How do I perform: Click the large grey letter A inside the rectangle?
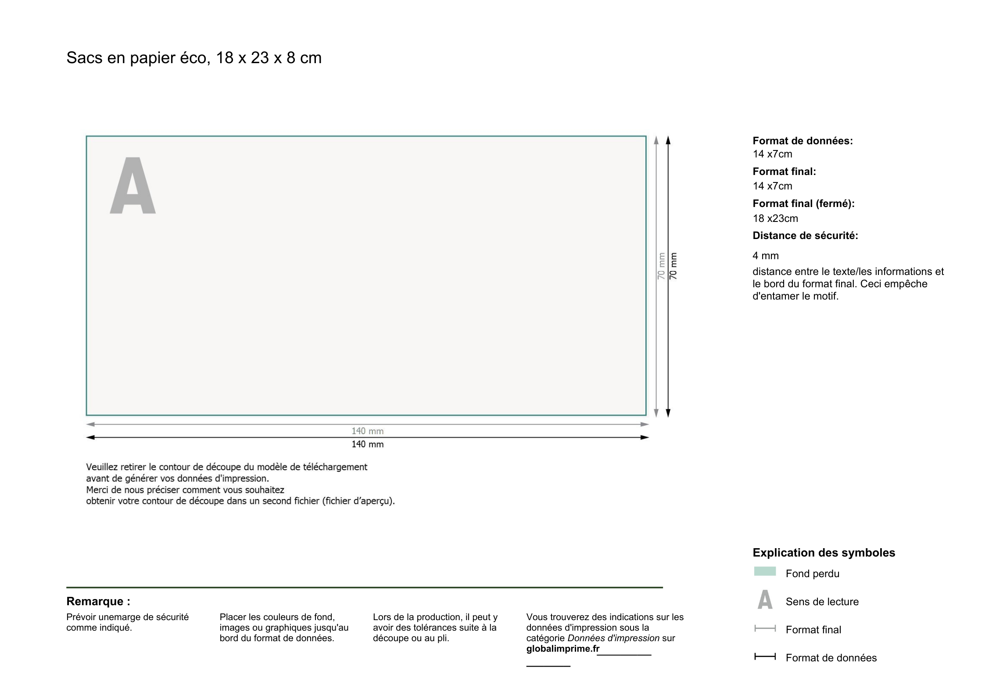pyautogui.click(x=133, y=186)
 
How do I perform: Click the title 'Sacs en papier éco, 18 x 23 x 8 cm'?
pyautogui.click(x=193, y=58)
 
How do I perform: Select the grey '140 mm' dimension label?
pyautogui.click(x=367, y=431)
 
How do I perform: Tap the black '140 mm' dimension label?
pyautogui.click(x=367, y=444)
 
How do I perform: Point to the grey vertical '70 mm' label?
pyautogui.click(x=661, y=266)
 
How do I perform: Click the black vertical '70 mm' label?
pyautogui.click(x=673, y=266)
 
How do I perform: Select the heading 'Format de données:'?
pyautogui.click(x=802, y=141)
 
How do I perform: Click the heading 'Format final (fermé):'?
pyautogui.click(x=803, y=203)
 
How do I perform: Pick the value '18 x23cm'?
pyautogui.click(x=775, y=218)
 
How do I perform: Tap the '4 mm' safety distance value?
pyautogui.click(x=766, y=256)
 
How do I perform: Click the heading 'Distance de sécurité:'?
pyautogui.click(x=805, y=236)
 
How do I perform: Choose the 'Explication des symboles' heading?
pyautogui.click(x=824, y=553)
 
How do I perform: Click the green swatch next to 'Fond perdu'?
pyautogui.click(x=765, y=571)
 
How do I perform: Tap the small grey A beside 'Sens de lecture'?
pyautogui.click(x=765, y=600)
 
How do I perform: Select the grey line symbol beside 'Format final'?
pyautogui.click(x=765, y=628)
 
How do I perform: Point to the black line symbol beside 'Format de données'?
pyautogui.click(x=765, y=657)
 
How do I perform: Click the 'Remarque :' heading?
pyautogui.click(x=98, y=601)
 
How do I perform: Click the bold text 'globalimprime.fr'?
pyautogui.click(x=562, y=649)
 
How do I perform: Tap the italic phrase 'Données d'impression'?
pyautogui.click(x=613, y=638)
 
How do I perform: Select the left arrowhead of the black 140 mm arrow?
pyautogui.click(x=90, y=437)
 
